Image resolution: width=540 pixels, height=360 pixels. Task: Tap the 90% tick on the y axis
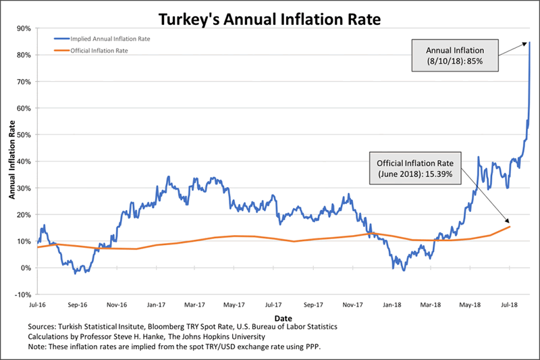tap(24, 28)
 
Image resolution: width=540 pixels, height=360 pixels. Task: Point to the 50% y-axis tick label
tap(24, 135)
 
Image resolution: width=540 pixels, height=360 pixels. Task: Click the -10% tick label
tap(23, 294)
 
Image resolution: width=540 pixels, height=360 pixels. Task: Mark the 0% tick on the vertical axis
tap(26, 268)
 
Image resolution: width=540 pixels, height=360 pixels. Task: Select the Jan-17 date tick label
tap(157, 305)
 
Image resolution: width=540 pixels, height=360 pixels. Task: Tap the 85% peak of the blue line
tap(530, 43)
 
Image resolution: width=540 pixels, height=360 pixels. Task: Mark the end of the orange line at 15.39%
tap(510, 227)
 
